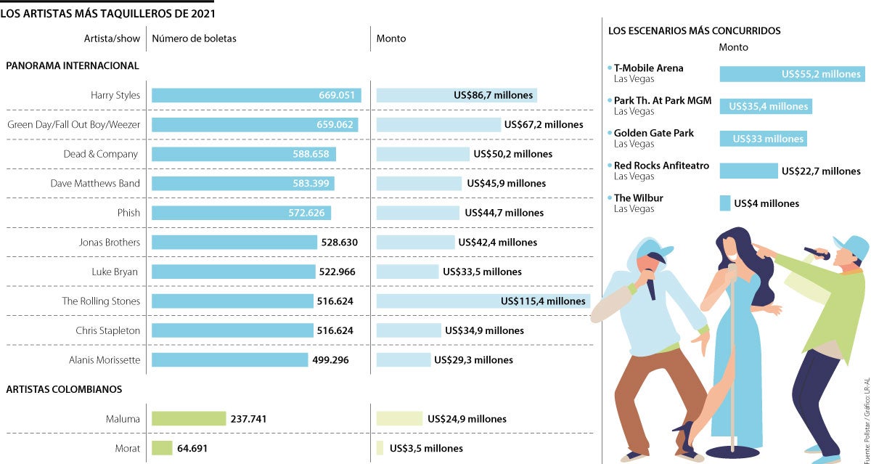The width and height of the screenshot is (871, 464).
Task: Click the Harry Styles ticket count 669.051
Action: tap(337, 95)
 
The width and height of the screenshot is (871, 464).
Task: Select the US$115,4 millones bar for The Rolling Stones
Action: tap(483, 301)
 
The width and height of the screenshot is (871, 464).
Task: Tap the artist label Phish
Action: tap(128, 213)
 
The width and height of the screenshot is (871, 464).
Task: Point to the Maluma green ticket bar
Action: tap(189, 419)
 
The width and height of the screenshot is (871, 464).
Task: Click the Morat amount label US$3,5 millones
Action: tap(426, 448)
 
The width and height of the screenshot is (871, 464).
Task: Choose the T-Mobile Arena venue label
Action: tap(648, 68)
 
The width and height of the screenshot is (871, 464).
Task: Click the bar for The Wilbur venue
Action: tap(725, 203)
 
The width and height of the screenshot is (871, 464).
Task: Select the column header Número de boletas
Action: tap(194, 38)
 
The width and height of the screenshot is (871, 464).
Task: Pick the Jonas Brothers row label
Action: tap(109, 243)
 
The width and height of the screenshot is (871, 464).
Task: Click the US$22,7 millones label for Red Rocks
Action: tap(821, 171)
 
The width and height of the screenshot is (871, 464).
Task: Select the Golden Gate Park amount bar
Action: tap(763, 139)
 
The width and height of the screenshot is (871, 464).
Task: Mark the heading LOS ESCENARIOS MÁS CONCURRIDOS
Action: tap(694, 31)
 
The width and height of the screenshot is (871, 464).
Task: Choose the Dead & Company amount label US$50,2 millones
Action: tap(512, 154)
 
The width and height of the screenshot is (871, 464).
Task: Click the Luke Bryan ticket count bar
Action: tap(233, 272)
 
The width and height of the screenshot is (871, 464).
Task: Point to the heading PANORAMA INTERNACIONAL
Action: tap(73, 65)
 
